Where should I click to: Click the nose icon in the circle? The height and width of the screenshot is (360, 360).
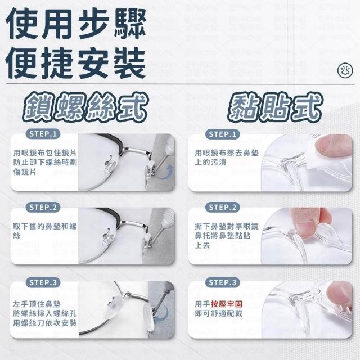(x=345, y=70)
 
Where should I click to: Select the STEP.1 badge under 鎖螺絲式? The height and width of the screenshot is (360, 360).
(x=43, y=134)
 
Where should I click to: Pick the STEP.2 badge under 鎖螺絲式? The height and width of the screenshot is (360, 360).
(x=43, y=208)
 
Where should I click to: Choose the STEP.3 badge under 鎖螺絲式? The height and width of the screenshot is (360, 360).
(x=43, y=282)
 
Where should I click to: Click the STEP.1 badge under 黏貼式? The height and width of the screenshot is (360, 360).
(x=223, y=134)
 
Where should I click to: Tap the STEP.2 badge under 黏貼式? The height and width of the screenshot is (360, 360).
(x=223, y=208)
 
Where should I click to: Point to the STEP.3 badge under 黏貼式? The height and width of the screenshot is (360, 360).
(x=223, y=282)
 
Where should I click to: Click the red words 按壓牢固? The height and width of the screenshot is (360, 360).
(x=227, y=304)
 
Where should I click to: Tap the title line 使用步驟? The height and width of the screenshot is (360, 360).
(x=76, y=24)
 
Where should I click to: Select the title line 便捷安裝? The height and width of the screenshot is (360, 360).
(x=76, y=62)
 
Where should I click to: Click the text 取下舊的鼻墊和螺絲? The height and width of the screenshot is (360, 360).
(x=45, y=231)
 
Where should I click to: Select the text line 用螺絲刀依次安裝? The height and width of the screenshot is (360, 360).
(x=45, y=323)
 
